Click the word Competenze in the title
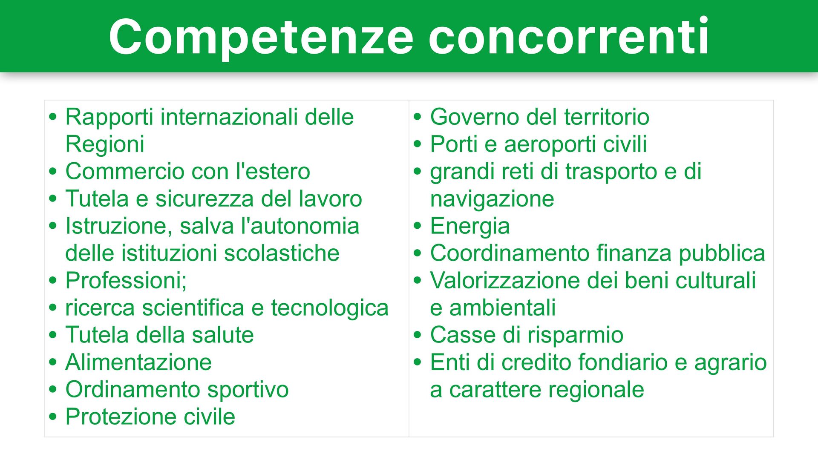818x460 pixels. tap(261, 37)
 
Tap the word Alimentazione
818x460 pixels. tap(138, 362)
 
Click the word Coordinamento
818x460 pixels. tap(510, 253)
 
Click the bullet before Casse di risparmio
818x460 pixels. tap(417, 335)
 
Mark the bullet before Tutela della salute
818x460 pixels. tap(52, 335)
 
